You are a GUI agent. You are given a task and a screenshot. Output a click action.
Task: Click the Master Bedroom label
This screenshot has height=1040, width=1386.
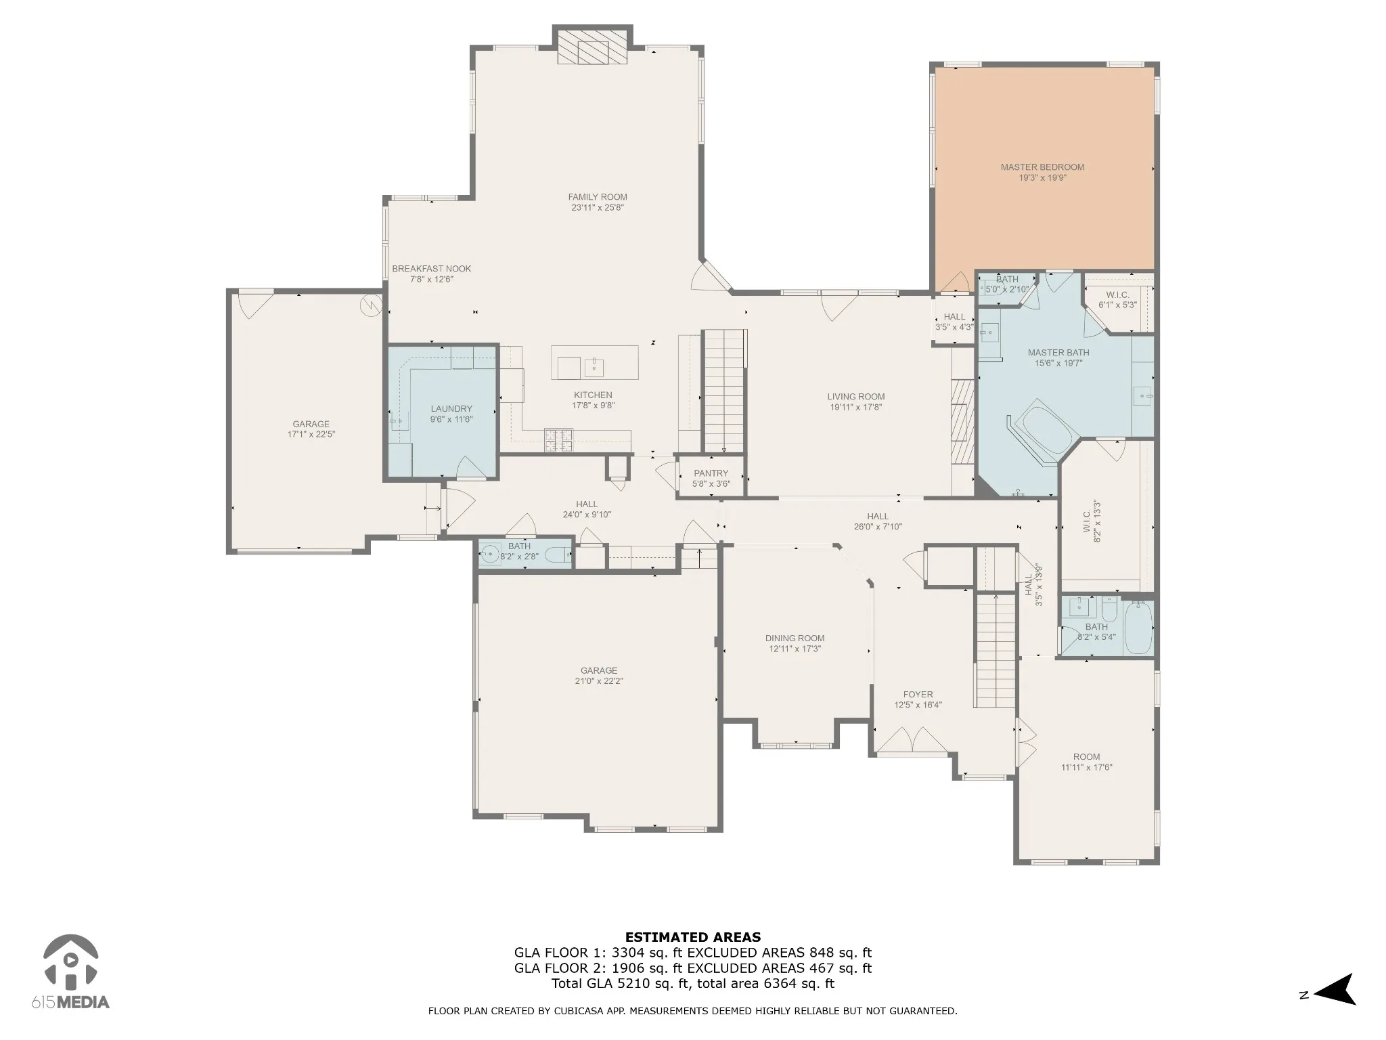pyautogui.click(x=1042, y=167)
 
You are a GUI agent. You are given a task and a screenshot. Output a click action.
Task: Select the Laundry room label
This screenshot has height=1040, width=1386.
pyautogui.click(x=451, y=409)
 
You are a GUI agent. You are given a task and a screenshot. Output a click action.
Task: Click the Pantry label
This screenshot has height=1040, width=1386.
pyautogui.click(x=711, y=473)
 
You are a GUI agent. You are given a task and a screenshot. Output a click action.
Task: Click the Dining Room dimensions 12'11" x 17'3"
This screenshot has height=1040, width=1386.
pyautogui.click(x=795, y=649)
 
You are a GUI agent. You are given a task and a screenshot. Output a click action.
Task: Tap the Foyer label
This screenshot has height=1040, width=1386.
pyautogui.click(x=918, y=695)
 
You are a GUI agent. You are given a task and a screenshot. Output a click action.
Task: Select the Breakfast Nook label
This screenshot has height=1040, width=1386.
pyautogui.click(x=432, y=269)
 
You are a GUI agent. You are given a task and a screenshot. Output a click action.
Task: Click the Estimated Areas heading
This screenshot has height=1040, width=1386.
pyautogui.click(x=693, y=937)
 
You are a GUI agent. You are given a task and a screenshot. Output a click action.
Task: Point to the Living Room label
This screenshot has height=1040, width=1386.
pyautogui.click(x=856, y=397)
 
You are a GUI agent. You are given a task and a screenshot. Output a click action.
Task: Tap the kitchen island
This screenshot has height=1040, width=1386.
pyautogui.click(x=595, y=363)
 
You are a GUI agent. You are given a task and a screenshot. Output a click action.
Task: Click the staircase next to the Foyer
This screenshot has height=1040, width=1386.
pyautogui.click(x=996, y=649)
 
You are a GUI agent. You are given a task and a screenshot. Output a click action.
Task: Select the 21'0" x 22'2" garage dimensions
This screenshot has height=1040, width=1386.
pyautogui.click(x=599, y=681)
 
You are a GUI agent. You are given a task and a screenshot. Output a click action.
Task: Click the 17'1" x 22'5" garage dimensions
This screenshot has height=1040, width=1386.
pyautogui.click(x=311, y=435)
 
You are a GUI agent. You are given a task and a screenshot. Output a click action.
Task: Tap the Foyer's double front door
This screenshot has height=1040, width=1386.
pyautogui.click(x=913, y=740)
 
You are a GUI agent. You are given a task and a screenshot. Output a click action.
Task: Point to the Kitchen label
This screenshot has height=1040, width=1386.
pyautogui.click(x=593, y=395)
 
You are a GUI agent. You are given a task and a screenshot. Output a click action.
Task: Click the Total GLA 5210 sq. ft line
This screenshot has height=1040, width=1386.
pyautogui.click(x=693, y=984)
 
